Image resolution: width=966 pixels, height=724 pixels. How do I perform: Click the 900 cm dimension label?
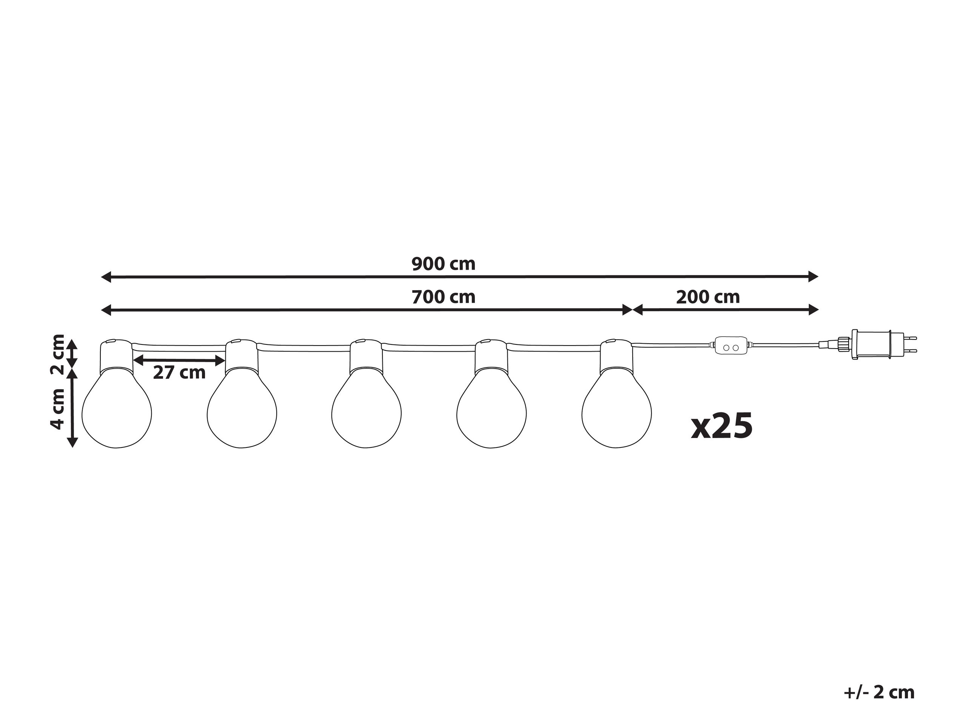[443, 264]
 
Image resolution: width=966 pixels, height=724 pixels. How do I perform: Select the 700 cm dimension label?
[443, 297]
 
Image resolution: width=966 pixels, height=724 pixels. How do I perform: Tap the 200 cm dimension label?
[708, 297]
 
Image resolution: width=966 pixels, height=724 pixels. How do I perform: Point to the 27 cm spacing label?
[179, 373]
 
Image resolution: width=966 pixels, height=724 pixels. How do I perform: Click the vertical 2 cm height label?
[58, 354]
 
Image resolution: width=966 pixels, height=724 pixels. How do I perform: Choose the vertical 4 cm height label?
[58, 409]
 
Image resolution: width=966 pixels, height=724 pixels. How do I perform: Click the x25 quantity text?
[722, 426]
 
